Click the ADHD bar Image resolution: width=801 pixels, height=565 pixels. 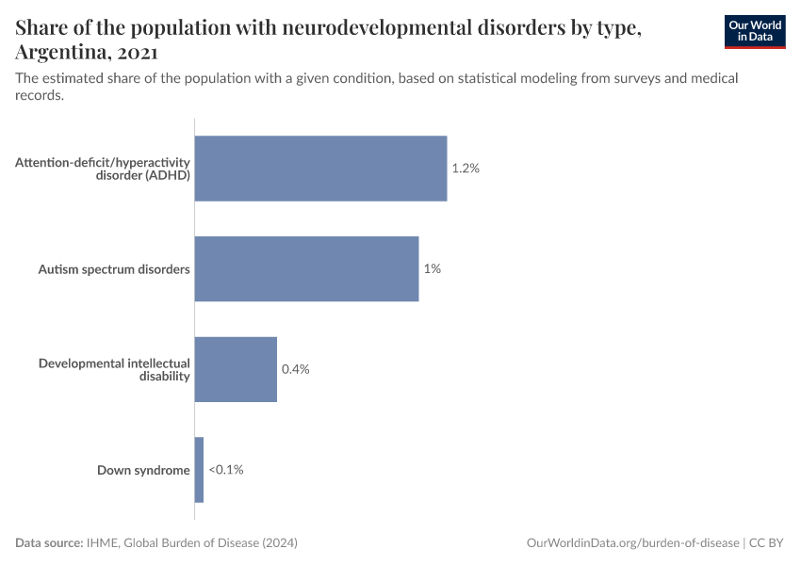320,169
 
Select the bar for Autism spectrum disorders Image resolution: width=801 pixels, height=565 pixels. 306,268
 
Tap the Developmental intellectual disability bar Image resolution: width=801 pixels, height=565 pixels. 236,369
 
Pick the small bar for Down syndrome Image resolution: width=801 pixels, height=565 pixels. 199,470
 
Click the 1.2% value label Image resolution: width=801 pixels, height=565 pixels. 466,169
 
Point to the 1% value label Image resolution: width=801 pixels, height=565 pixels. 432,268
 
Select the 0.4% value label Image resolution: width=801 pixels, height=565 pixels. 295,369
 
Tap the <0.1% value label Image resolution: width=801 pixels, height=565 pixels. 225,470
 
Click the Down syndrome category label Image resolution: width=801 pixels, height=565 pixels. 143,470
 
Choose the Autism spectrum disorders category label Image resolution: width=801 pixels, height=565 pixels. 114,269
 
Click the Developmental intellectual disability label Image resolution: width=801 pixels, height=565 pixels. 114,369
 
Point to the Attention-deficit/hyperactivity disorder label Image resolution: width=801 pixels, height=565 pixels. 103,169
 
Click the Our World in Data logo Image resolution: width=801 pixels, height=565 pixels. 754,31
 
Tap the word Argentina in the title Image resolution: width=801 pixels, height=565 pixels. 62,52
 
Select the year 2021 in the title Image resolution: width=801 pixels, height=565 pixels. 138,52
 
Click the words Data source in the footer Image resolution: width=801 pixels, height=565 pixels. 49,543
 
